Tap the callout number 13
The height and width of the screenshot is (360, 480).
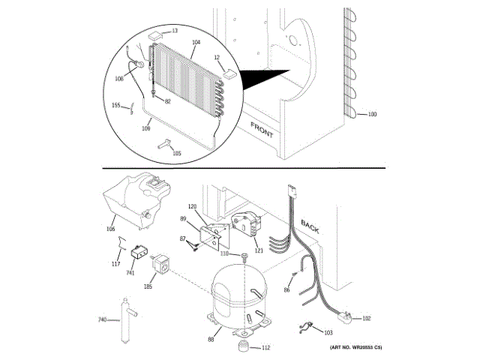pyautogui.click(x=175, y=31)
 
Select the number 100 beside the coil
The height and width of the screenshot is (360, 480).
pyautogui.click(x=372, y=114)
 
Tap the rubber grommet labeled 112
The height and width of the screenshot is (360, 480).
pyautogui.click(x=243, y=346)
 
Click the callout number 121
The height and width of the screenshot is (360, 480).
pyautogui.click(x=259, y=250)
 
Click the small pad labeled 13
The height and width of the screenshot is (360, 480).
pyautogui.click(x=156, y=34)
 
